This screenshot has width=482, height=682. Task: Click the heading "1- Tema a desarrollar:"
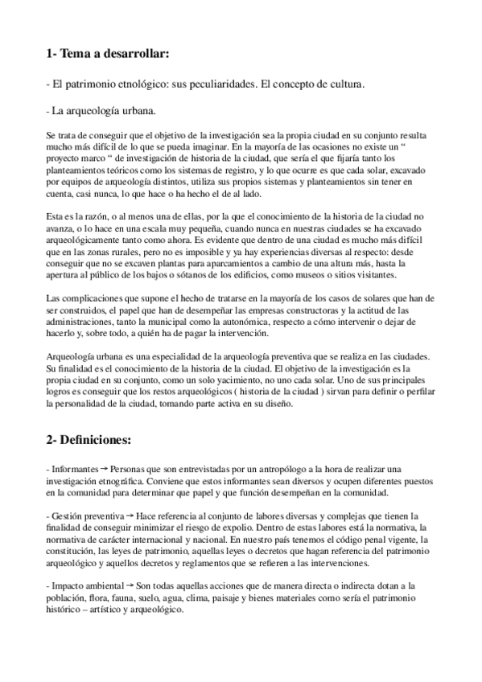[x=108, y=55]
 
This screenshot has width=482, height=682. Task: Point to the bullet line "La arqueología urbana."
[x=101, y=109]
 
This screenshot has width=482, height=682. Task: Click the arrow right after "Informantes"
[x=104, y=467]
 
